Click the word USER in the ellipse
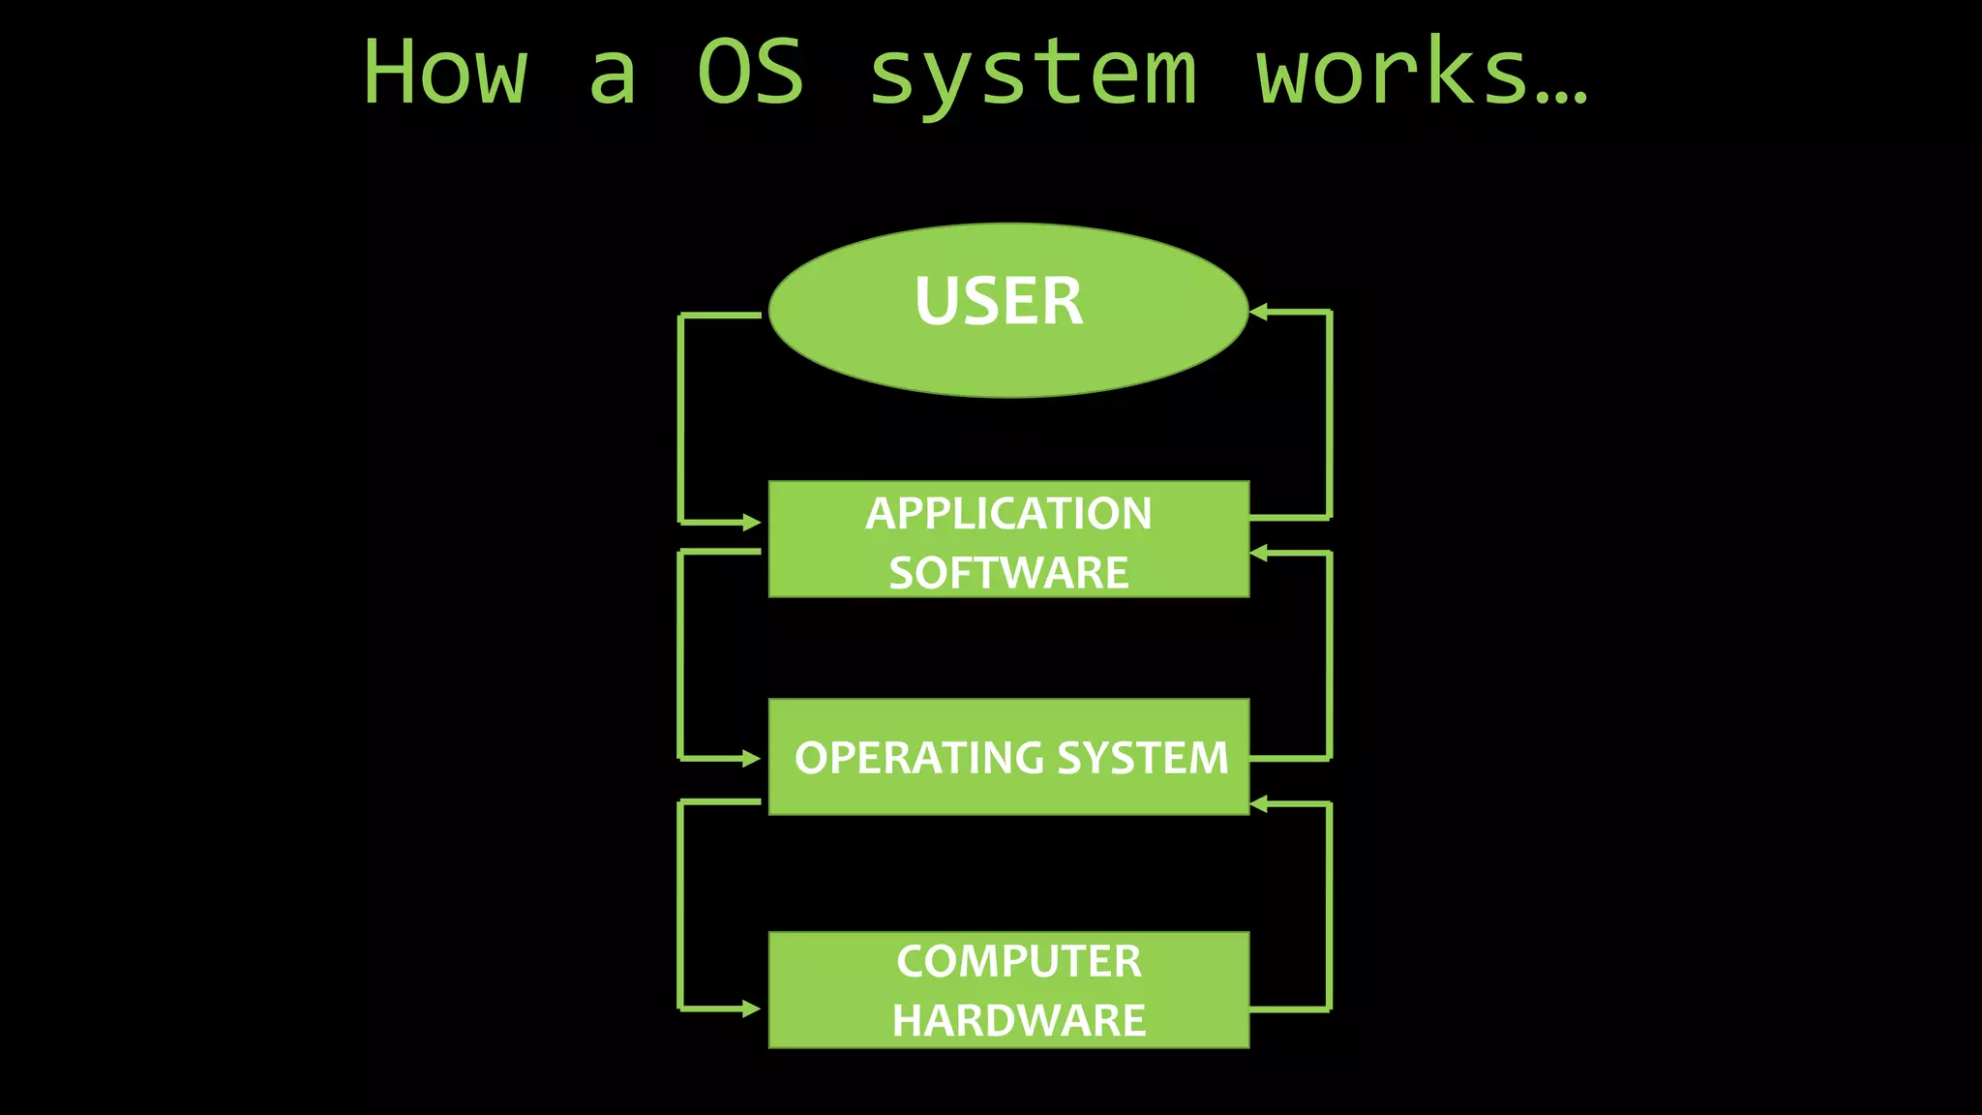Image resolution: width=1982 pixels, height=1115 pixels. pos(999,301)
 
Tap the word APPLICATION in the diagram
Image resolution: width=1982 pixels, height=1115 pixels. pos(1008,513)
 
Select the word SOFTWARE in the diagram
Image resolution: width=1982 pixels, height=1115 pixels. pos(1008,572)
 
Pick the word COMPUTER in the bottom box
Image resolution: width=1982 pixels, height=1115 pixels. pos(1018,961)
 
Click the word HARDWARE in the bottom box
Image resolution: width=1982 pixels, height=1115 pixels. pos(1018,1020)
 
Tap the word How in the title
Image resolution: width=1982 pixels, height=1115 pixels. pos(445,73)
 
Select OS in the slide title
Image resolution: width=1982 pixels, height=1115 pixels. pos(750,73)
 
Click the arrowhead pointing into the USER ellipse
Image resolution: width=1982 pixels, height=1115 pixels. pos(1258,312)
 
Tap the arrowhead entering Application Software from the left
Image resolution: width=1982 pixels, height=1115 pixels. pos(752,523)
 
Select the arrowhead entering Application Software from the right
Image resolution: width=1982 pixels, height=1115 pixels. pos(1258,553)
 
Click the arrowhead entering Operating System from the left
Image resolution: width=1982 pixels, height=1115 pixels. pos(752,759)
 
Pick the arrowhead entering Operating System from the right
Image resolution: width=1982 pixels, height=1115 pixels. pos(1258,803)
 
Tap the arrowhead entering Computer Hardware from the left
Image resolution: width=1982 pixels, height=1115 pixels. pos(752,1010)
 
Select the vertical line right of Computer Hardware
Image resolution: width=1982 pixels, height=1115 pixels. pos(1330,906)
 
